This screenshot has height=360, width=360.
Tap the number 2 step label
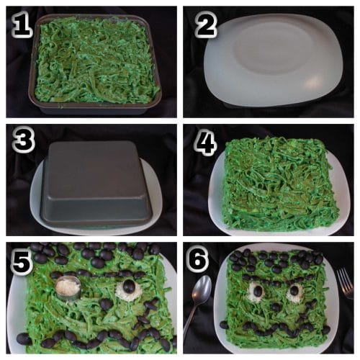coord(206,26)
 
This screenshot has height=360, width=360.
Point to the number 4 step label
coord(206,143)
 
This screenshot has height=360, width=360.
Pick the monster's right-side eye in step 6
coord(294,292)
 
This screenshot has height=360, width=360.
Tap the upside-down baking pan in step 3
coord(94,180)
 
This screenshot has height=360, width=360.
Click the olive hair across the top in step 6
coord(277,258)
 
